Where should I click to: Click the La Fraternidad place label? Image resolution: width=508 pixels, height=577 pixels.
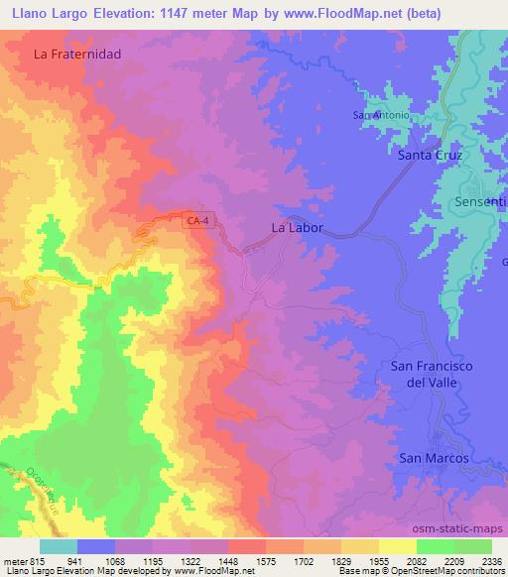[x=76, y=55]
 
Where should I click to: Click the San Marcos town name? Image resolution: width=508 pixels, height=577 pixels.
[x=433, y=458]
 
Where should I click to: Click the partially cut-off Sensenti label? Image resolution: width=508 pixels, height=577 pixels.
[x=480, y=201]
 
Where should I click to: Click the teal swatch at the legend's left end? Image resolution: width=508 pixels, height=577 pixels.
[x=59, y=545]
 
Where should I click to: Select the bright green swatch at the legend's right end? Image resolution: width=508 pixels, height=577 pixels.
[x=473, y=545]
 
